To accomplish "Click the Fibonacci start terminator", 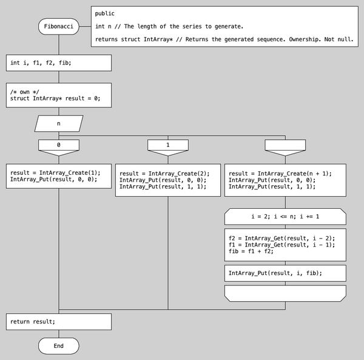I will point(59,27).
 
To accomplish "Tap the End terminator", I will point(59,345).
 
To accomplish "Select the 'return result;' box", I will point(59,321).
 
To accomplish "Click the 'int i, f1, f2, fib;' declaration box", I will point(59,63).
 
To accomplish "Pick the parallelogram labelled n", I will point(59,123).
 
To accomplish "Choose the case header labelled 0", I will point(59,146).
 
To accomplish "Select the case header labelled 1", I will point(168,146).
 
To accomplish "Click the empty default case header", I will point(285,146).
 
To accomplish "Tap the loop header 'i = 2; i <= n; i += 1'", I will point(285,216).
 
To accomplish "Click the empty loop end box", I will point(285,293).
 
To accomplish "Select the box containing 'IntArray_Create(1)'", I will point(59,176).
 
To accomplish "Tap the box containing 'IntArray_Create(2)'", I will point(168,180).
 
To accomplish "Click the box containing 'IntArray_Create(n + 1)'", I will point(285,180).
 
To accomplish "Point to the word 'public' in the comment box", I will point(105,13).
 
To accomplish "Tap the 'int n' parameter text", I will point(102,26).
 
